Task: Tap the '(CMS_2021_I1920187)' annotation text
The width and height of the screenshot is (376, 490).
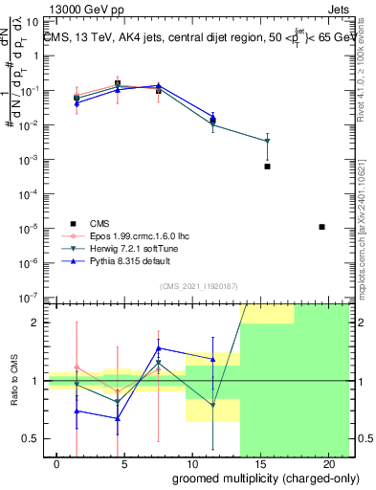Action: coord(198,285)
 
